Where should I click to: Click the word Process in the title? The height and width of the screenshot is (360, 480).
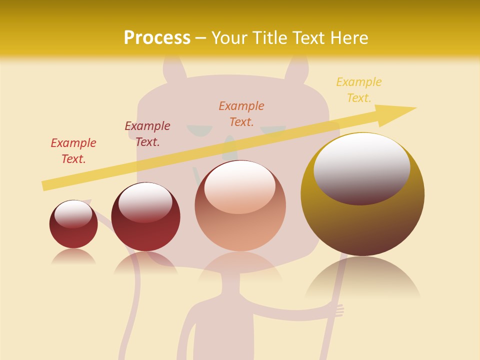pos(157,38)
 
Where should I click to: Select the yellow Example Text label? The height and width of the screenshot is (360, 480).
pos(358,90)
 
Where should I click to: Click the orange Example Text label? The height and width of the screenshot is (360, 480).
pos(241,113)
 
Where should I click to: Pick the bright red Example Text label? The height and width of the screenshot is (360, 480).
pos(73,150)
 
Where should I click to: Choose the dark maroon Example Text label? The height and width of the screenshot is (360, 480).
pos(147,133)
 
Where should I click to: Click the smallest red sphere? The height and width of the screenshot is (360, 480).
pos(73,230)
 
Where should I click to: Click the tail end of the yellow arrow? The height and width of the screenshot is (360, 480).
pos(46,185)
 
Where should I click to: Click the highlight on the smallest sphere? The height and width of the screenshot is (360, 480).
pos(73,212)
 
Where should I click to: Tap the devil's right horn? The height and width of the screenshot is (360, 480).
pos(297,67)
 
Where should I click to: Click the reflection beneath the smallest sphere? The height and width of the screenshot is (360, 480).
pos(73,256)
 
